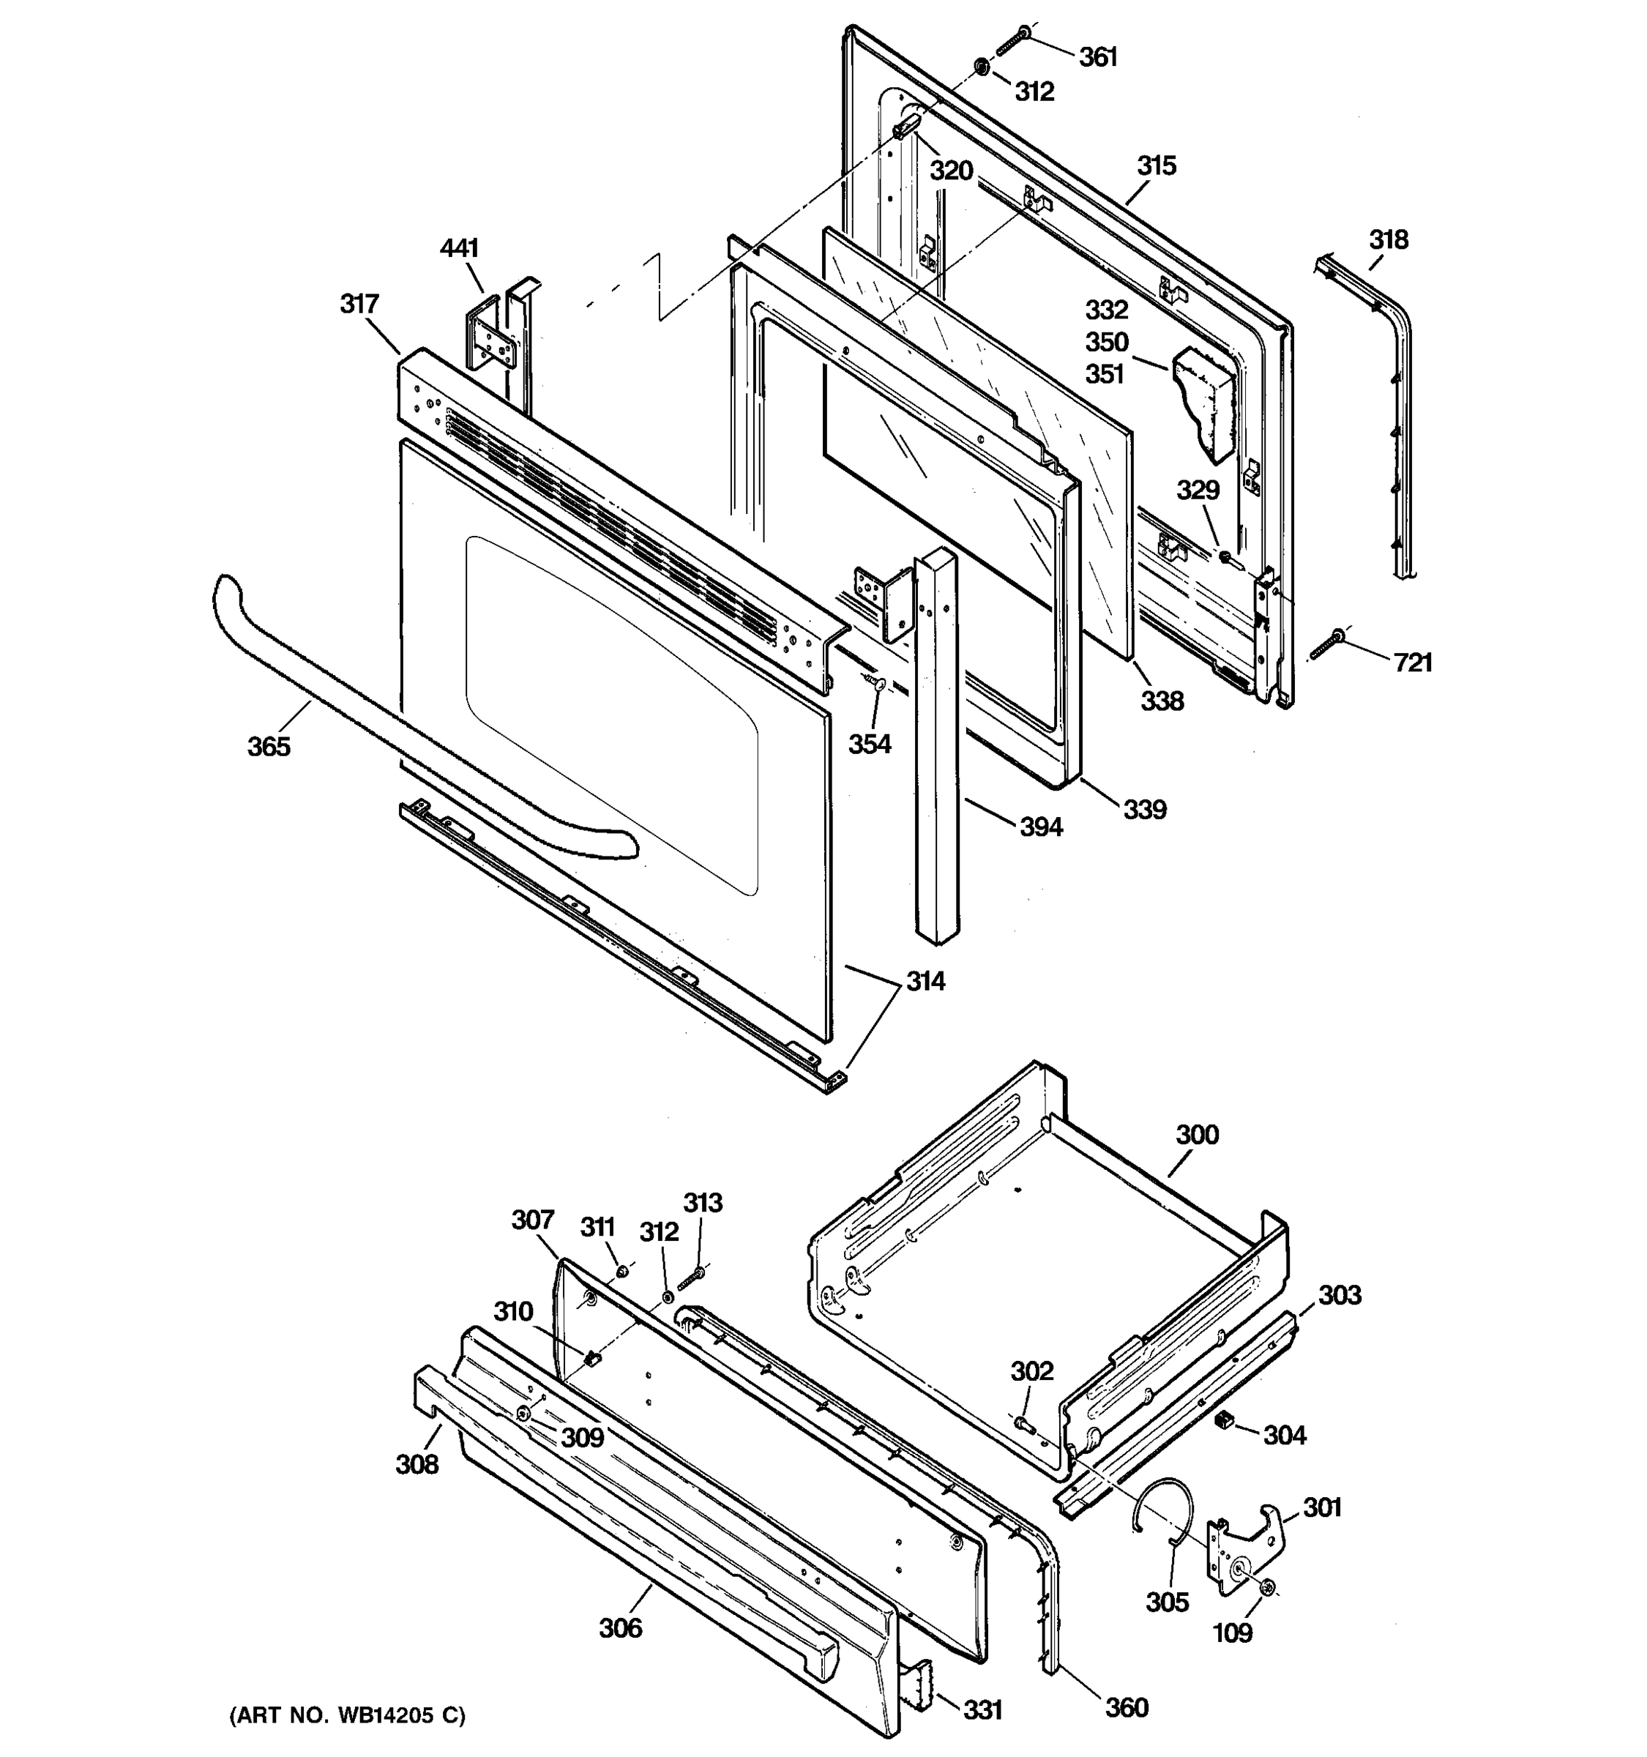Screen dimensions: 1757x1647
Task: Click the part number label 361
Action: [x=1098, y=57]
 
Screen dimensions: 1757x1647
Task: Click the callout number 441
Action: [x=460, y=249]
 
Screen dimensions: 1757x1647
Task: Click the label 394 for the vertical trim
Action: [x=1041, y=827]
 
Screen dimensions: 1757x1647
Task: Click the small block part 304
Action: [x=1224, y=1420]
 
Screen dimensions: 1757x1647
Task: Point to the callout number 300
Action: [x=1198, y=1135]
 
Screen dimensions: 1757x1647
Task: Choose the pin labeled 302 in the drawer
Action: [x=1025, y=1425]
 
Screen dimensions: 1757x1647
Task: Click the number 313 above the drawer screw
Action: [x=703, y=1203]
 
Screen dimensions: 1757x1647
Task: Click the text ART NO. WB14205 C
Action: [x=347, y=1716]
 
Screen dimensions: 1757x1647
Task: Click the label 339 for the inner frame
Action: [x=1145, y=809]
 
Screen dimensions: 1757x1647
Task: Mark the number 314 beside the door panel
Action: [x=925, y=981]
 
